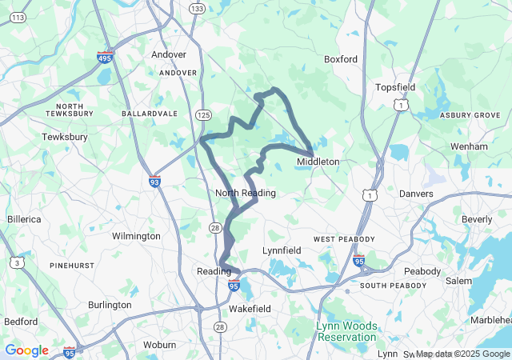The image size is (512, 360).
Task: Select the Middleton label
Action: [318, 162]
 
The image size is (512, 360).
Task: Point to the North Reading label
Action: [246, 193]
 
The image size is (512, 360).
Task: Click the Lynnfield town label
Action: [282, 250]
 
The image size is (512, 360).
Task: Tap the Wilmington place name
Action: [136, 236]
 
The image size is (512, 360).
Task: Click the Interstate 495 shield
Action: [105, 58]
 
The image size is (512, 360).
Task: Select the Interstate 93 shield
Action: [154, 182]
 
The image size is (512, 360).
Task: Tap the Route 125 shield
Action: [203, 116]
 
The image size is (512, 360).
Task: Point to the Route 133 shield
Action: [197, 7]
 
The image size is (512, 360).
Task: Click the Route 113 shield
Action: [18, 17]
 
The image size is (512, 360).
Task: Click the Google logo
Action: [26, 350]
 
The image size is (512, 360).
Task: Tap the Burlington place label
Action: [110, 305]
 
